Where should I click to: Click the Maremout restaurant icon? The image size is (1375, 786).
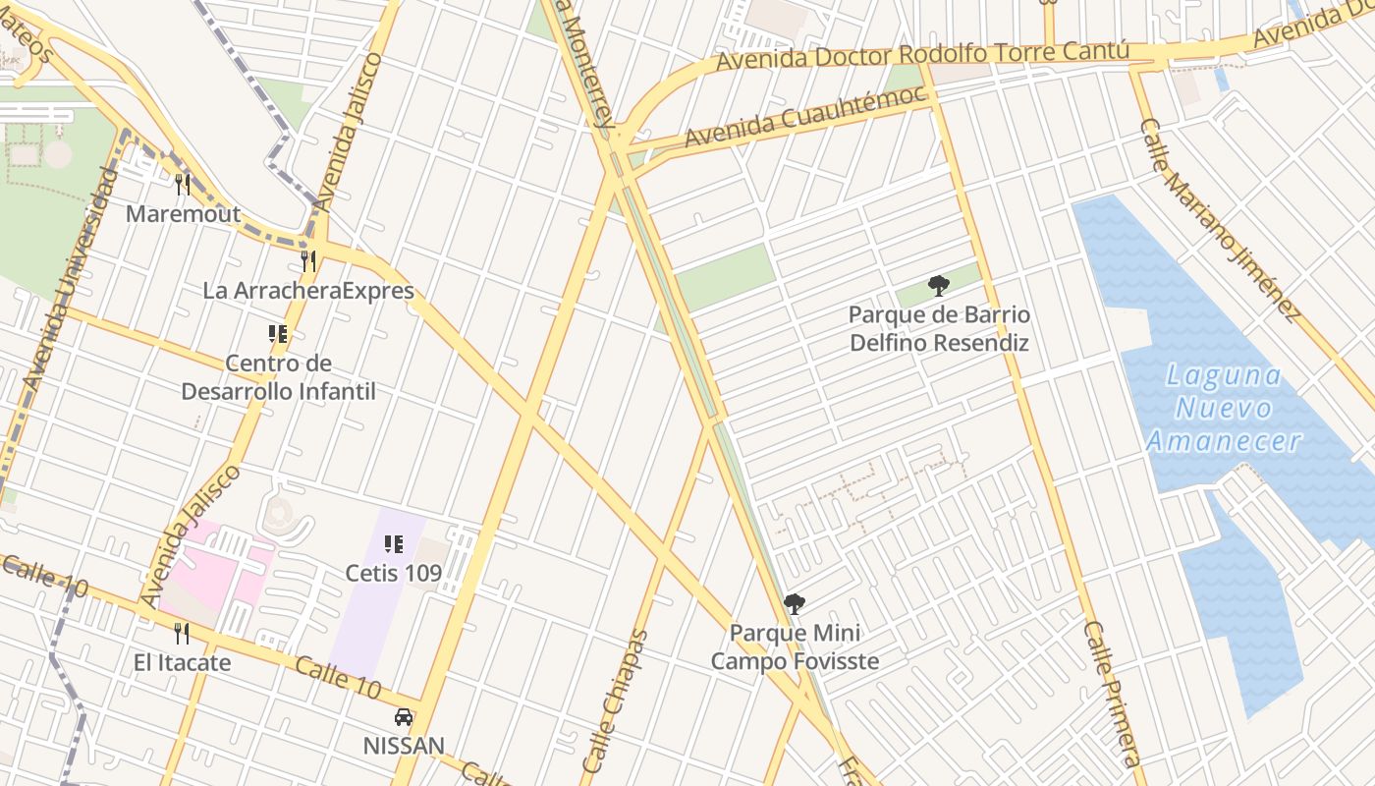tap(182, 184)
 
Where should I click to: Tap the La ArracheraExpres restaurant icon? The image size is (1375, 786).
tap(308, 260)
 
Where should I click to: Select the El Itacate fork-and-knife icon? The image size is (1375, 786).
tap(182, 633)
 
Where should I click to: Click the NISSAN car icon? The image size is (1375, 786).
tap(404, 716)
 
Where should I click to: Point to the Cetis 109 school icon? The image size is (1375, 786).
tap(394, 543)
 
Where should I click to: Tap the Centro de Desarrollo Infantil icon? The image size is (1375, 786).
tap(278, 334)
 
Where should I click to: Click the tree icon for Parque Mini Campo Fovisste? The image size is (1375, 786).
tap(795, 603)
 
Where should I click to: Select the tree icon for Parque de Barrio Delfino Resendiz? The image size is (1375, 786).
tap(939, 286)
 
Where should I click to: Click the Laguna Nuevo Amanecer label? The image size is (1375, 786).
tap(1225, 408)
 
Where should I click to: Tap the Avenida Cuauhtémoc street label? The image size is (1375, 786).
tap(805, 117)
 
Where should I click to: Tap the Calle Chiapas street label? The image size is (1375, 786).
tap(616, 701)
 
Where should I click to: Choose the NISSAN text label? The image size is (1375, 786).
tap(404, 746)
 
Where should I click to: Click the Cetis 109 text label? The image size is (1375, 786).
tap(394, 572)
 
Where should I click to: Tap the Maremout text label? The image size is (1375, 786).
tap(184, 213)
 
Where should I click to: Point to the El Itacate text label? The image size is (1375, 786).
tap(183, 662)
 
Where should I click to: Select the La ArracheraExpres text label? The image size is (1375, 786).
tap(308, 291)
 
